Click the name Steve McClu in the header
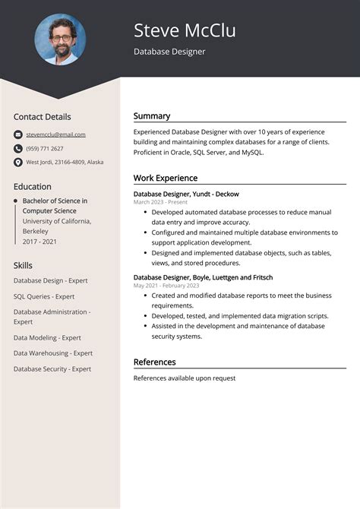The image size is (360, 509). (x=185, y=30)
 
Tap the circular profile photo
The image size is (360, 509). (x=60, y=40)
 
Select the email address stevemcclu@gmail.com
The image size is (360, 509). (x=55, y=134)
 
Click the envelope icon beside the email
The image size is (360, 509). (x=18, y=134)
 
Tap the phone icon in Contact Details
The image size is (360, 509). (x=18, y=148)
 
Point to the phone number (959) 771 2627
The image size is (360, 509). (x=45, y=148)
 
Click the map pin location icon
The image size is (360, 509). (x=18, y=162)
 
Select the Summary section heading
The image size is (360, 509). (x=152, y=116)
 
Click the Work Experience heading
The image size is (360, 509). (x=166, y=178)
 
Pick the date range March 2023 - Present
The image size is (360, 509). (x=160, y=203)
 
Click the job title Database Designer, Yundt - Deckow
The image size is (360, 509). (x=186, y=194)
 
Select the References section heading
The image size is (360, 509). (x=154, y=362)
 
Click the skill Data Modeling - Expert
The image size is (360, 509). (x=47, y=338)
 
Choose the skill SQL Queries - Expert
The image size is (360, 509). (x=44, y=296)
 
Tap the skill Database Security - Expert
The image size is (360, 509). (x=52, y=368)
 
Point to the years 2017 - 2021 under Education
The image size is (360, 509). (x=39, y=241)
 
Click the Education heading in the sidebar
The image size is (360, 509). (x=33, y=187)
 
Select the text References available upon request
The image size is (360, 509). (x=185, y=378)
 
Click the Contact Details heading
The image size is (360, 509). (x=43, y=117)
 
